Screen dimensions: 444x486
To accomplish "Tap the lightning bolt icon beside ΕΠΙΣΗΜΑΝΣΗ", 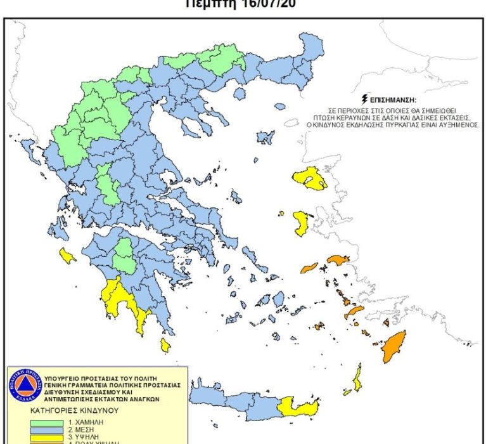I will pyautogui.click(x=364, y=100).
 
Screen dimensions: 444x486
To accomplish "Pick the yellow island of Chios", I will pyautogui.click(x=301, y=223).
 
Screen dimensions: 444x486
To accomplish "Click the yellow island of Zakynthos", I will pyautogui.click(x=67, y=256).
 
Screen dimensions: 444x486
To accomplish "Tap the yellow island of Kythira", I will pyautogui.click(x=165, y=345).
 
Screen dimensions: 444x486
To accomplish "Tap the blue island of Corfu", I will pyautogui.click(x=27, y=150).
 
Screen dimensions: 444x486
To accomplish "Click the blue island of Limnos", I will pyautogui.click(x=265, y=137).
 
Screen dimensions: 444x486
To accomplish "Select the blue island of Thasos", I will pyautogui.click(x=239, y=93).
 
